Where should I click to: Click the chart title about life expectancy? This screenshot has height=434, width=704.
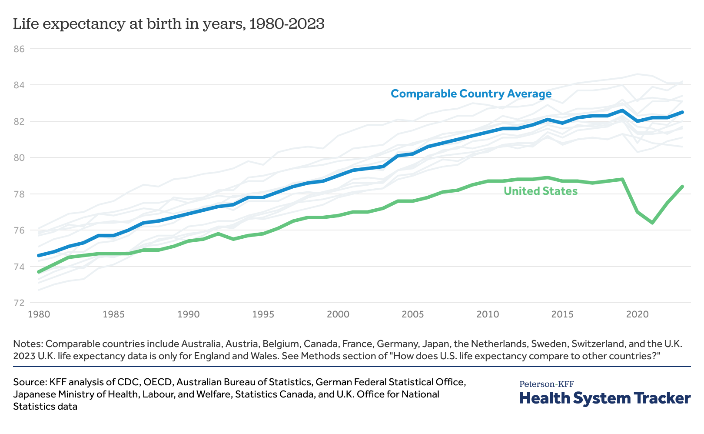point(169,24)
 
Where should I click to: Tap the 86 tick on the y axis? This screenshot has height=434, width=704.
point(20,49)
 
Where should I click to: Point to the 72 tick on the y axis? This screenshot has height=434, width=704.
point(20,303)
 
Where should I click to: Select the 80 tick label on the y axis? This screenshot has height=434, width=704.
point(20,157)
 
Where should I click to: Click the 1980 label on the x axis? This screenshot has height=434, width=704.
point(38,314)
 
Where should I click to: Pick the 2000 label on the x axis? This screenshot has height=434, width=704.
point(338,314)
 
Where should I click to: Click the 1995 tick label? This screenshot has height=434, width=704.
point(262,314)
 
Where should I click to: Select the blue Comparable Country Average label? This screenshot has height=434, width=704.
point(471,93)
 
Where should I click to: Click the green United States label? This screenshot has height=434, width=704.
point(540,191)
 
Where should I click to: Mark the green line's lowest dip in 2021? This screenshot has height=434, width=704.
point(653,223)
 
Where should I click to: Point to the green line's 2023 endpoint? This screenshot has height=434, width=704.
point(683,187)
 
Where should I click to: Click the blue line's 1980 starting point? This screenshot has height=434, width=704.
point(39,255)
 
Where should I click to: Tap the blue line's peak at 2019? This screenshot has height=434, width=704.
point(623,110)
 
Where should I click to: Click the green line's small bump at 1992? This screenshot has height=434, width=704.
point(218,234)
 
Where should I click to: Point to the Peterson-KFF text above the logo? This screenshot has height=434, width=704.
point(547,384)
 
